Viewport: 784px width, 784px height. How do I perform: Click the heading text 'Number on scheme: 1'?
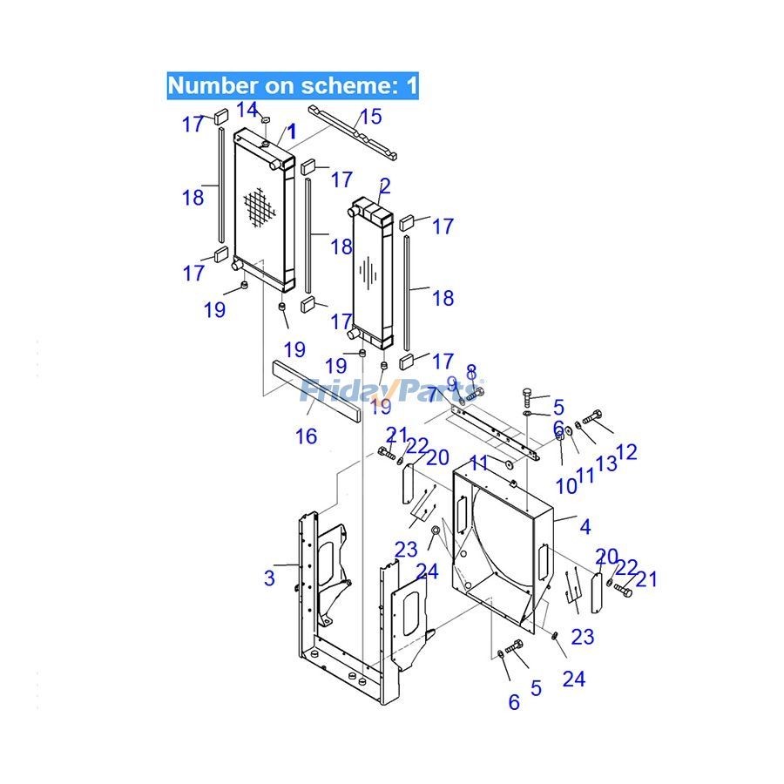tap(293, 85)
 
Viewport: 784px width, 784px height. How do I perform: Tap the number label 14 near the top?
tap(247, 110)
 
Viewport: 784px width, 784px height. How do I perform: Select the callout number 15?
tap(371, 116)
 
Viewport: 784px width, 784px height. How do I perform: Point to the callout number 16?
tap(306, 436)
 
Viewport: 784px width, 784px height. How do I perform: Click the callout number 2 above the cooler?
tap(385, 185)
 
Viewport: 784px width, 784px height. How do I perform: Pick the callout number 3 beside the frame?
tap(270, 577)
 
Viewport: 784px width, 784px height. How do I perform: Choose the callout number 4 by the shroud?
tap(585, 526)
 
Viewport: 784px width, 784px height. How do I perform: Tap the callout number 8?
tap(471, 373)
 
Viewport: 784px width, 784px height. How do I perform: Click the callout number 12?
tap(626, 451)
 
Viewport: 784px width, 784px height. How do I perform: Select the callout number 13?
tap(606, 463)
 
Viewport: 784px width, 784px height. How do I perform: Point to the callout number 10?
tap(566, 486)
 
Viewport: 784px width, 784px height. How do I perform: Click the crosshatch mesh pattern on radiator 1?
tap(258, 209)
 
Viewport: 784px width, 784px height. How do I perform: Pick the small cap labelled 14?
tap(267, 119)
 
